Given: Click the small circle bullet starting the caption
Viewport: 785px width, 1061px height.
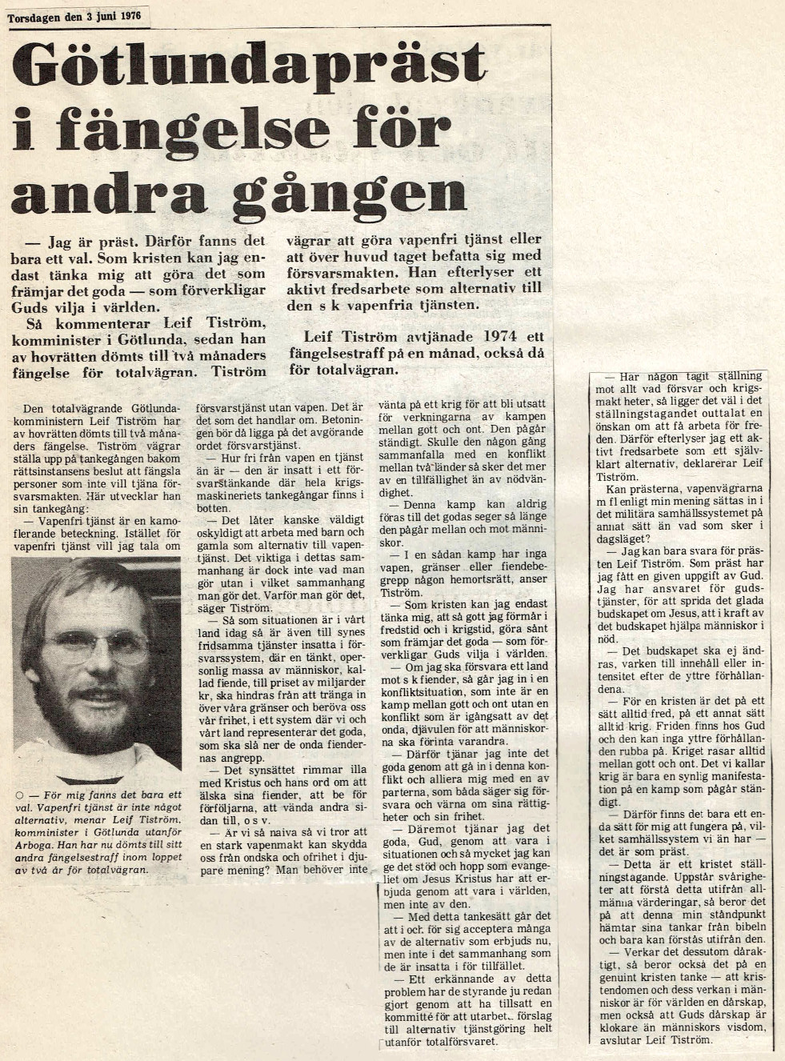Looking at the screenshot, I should click(x=17, y=795).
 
